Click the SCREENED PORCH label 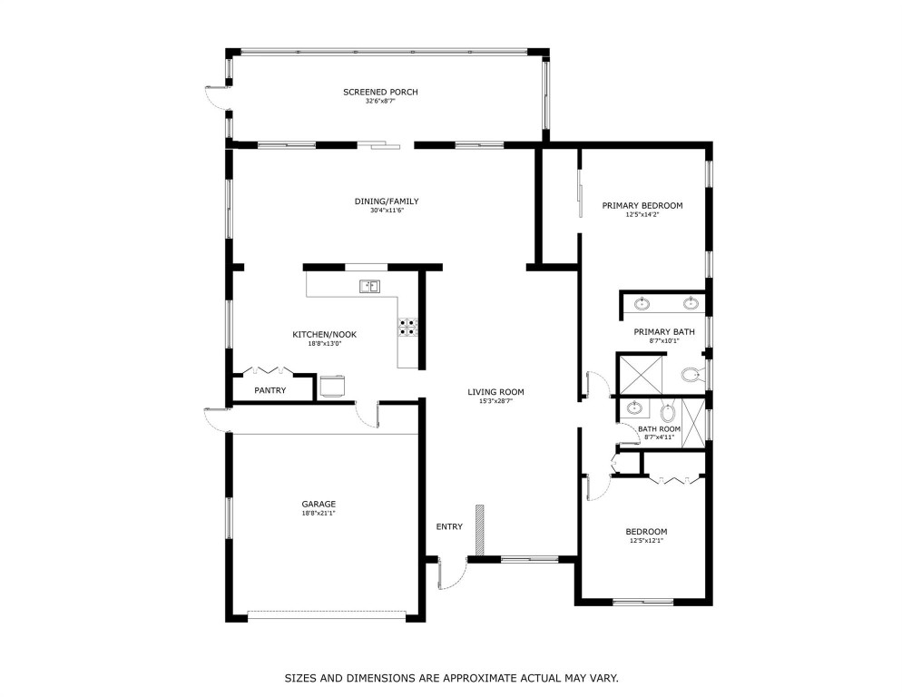tap(380, 92)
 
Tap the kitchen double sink tap(368, 287)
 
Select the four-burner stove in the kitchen tap(407, 327)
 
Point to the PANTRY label tap(270, 390)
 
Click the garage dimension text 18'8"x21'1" tap(319, 513)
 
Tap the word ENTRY tap(449, 526)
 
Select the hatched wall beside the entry tap(482, 529)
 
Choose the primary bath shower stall tap(641, 374)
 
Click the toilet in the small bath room tap(669, 414)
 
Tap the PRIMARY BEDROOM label tap(642, 206)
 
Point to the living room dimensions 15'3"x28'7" tap(495, 401)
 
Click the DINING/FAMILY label tap(387, 201)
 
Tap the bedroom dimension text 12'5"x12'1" tap(645, 541)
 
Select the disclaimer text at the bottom tap(451, 677)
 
